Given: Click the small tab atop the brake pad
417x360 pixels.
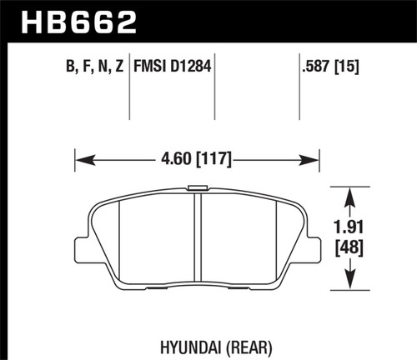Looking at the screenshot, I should click(x=198, y=189).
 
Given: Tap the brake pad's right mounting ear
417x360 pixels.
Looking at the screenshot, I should click(x=314, y=247).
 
